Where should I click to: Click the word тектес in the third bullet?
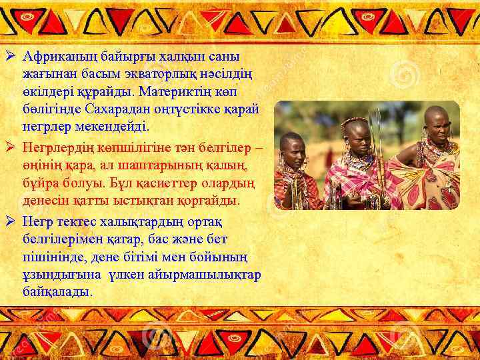pyautogui.click(x=73, y=221)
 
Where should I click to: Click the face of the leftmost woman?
pyautogui.click(x=294, y=148)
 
